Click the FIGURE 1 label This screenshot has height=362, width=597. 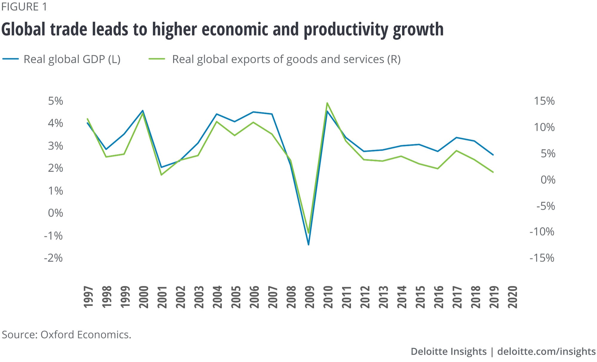pyautogui.click(x=24, y=7)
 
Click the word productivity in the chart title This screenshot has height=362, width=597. pyautogui.click(x=346, y=30)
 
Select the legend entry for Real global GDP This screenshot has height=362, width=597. pyautogui.click(x=72, y=59)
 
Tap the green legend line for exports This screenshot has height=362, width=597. pyautogui.click(x=157, y=59)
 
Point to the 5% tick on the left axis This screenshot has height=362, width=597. pyautogui.click(x=56, y=101)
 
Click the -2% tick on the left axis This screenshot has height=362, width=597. pyautogui.click(x=53, y=258)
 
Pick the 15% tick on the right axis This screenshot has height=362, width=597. pyautogui.click(x=544, y=101)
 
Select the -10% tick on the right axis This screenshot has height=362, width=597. pyautogui.click(x=542, y=232)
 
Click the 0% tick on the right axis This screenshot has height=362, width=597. pyautogui.click(x=548, y=180)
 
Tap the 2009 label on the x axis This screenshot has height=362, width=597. pyautogui.click(x=310, y=297)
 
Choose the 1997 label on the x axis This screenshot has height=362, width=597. pyautogui.click(x=88, y=297)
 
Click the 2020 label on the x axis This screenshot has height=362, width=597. pyautogui.click(x=513, y=297)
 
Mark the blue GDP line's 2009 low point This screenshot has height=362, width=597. pyautogui.click(x=308, y=245)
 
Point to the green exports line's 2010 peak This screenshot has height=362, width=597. pyautogui.click(x=327, y=103)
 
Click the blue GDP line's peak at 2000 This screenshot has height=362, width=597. pyautogui.click(x=143, y=111)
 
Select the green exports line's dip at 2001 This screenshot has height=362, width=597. pyautogui.click(x=161, y=175)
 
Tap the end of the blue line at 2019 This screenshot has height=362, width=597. pyautogui.click(x=493, y=155)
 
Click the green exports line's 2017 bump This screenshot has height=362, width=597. pyautogui.click(x=456, y=151)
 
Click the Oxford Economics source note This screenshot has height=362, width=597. pyautogui.click(x=66, y=335)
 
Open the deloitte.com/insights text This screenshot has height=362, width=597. pyautogui.click(x=546, y=351)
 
